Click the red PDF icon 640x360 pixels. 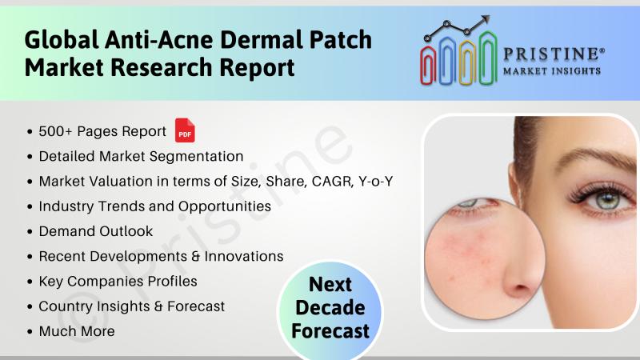click(185, 130)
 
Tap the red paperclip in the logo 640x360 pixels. click(428, 65)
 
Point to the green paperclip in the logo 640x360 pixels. click(488, 58)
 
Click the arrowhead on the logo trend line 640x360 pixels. click(485, 20)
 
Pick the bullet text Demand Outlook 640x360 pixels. click(95, 231)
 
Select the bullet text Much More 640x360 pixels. click(77, 331)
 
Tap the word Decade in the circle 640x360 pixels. click(330, 307)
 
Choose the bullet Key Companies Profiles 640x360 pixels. click(118, 282)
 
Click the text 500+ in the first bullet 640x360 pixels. click(56, 131)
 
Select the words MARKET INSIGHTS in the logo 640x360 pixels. click(552, 71)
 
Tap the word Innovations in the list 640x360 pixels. click(244, 256)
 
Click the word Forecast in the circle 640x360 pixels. click(330, 330)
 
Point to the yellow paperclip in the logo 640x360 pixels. click(467, 62)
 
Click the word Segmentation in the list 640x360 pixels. click(191, 157)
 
